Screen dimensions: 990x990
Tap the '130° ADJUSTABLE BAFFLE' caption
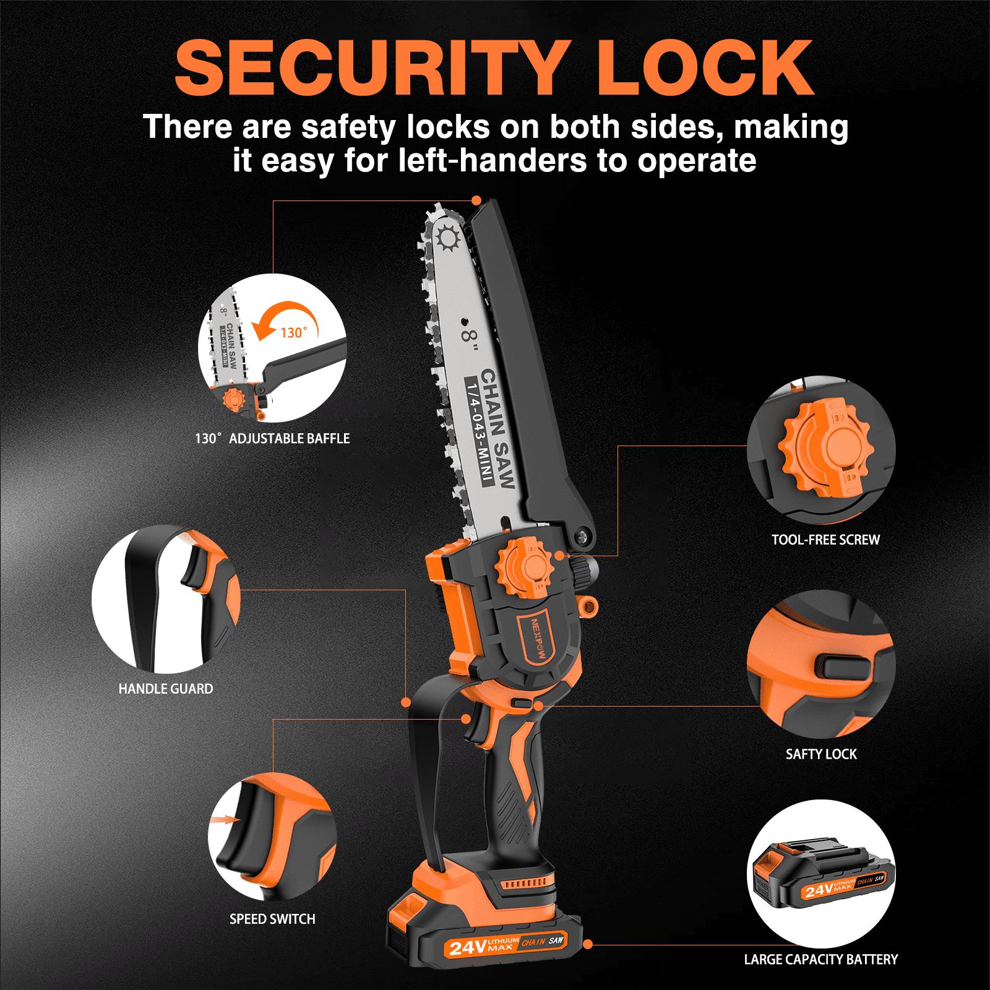(x=272, y=438)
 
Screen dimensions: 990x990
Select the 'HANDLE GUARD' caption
(x=166, y=689)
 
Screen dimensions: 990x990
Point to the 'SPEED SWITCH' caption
(x=272, y=919)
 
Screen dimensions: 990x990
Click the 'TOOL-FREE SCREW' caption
(x=825, y=540)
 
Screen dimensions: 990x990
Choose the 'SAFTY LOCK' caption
(x=821, y=754)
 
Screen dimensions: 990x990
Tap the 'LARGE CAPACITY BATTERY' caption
(x=820, y=959)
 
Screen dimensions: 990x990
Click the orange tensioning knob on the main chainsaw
(x=523, y=567)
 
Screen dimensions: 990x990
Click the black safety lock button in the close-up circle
(x=846, y=666)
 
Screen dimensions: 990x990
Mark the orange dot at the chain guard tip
(x=476, y=200)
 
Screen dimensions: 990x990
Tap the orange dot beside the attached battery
(x=588, y=944)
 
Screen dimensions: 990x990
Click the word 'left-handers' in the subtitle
(x=493, y=161)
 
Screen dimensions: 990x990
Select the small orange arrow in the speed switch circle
(x=225, y=820)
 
